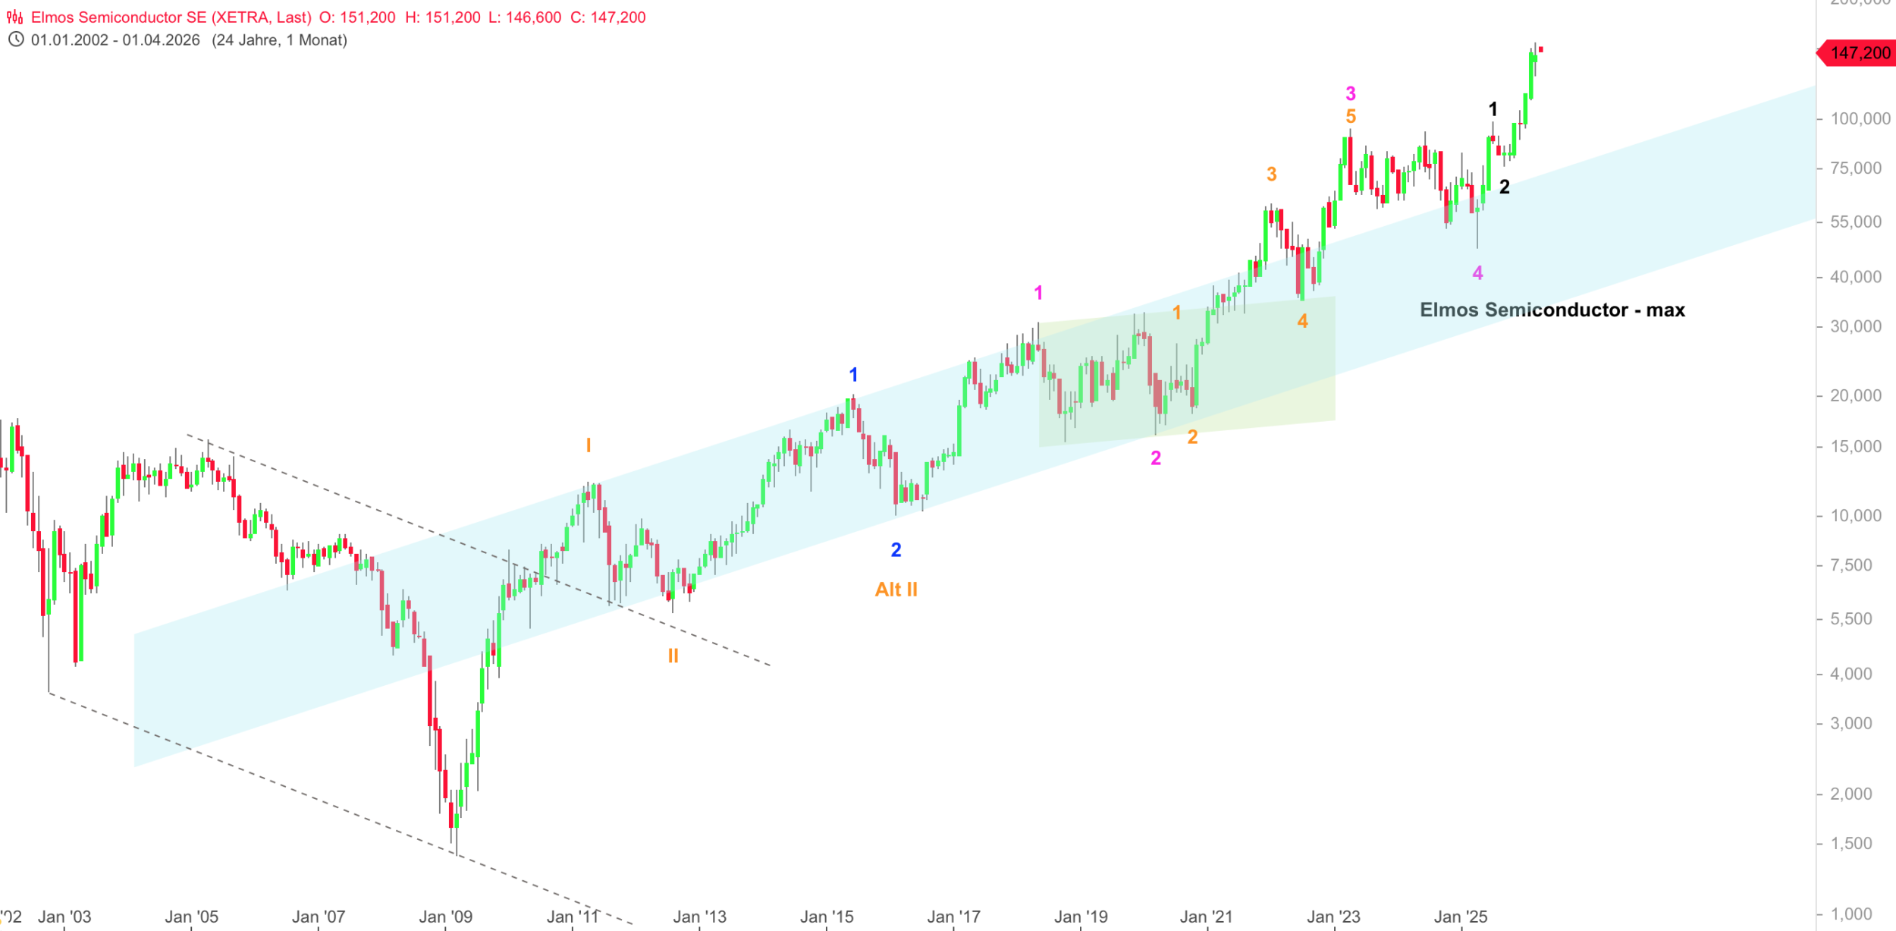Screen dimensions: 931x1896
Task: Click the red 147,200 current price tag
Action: pos(1859,53)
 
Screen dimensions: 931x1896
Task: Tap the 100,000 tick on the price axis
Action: pos(1860,118)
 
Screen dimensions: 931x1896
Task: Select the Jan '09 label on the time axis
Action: pos(446,917)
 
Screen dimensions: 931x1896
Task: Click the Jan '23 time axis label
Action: pos(1333,917)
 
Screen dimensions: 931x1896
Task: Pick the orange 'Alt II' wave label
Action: pos(896,590)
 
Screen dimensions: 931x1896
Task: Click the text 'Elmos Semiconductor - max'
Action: pos(1552,310)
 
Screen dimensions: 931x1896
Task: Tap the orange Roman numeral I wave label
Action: pos(588,445)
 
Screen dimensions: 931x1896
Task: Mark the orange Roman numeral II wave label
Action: pos(673,656)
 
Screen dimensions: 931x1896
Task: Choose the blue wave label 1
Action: pos(853,375)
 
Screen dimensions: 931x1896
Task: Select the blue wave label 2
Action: pos(896,550)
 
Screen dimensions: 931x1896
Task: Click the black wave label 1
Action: pos(1493,109)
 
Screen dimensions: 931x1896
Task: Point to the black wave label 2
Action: pos(1505,187)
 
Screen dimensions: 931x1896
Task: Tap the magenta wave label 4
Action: pos(1477,273)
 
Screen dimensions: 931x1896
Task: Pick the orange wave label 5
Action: pos(1351,117)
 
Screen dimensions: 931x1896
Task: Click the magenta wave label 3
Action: pos(1351,93)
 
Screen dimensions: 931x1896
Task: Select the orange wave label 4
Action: pos(1302,322)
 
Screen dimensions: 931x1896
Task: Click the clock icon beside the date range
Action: pos(16,39)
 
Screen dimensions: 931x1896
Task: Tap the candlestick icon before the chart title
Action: pos(15,17)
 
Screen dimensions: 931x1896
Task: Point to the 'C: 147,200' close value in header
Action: pos(607,17)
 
